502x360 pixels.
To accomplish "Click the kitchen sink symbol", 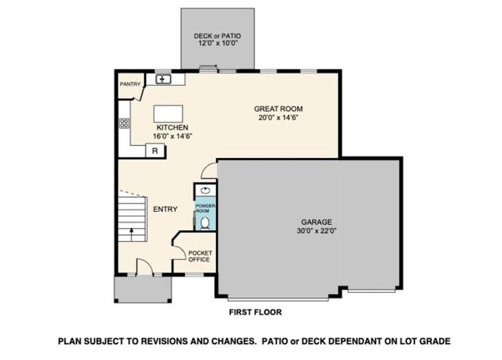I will (x=164, y=79).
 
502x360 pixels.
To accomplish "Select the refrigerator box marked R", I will (x=155, y=151).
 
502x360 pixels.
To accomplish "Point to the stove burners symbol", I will (x=124, y=124).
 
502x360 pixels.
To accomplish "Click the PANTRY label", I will (x=130, y=84).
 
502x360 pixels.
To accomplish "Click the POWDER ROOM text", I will (x=205, y=208).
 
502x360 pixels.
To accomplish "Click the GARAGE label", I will (x=316, y=221).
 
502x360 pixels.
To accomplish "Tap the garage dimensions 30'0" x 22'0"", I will (x=316, y=230).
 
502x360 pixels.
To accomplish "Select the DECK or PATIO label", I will (x=217, y=36).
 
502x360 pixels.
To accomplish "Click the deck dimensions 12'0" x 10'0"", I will (x=217, y=45).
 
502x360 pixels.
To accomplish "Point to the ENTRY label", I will (x=165, y=209).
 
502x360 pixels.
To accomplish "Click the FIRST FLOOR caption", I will (x=255, y=312).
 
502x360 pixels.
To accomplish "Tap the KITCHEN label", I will (x=172, y=127).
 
